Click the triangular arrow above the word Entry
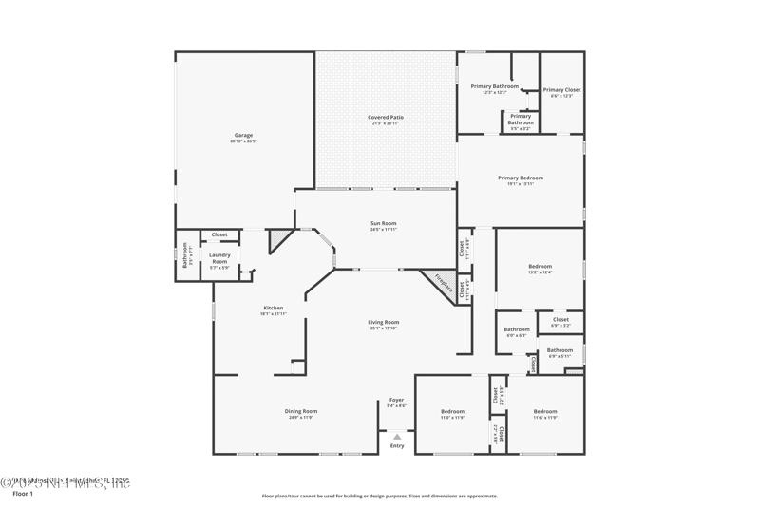(397, 437)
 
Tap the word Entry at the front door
(397, 445)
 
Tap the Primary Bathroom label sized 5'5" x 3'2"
(521, 120)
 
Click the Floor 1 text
(22, 494)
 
